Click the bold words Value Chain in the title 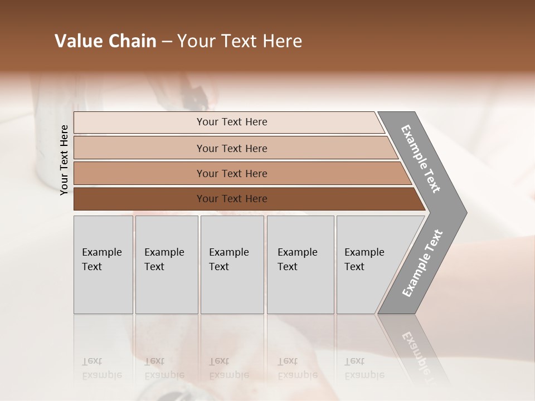coord(105,41)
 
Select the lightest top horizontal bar coord(139,123)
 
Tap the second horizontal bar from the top coord(139,148)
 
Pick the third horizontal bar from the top coord(139,173)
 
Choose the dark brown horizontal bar coord(139,199)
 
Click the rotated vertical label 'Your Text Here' coord(64,160)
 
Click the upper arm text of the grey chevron coord(421,159)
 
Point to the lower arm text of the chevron coord(422,263)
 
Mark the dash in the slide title coord(167,41)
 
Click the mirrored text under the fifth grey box coord(364,368)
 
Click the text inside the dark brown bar coord(232,199)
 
